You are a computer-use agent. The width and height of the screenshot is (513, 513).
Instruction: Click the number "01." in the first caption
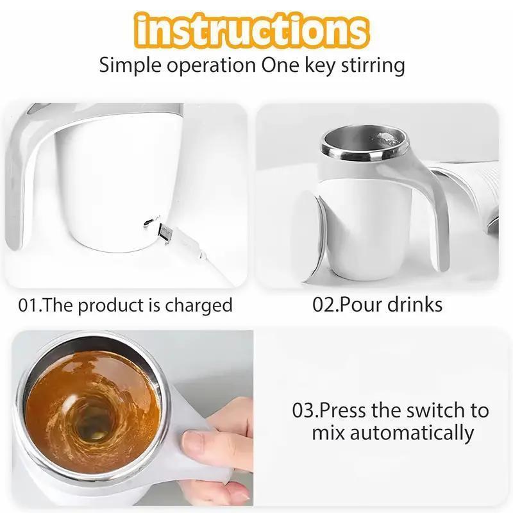coord(31,305)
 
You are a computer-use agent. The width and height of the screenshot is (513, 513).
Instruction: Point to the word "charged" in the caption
coord(198,305)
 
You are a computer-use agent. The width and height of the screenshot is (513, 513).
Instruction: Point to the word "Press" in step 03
coord(346,410)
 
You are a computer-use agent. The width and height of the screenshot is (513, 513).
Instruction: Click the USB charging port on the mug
coord(149,221)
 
